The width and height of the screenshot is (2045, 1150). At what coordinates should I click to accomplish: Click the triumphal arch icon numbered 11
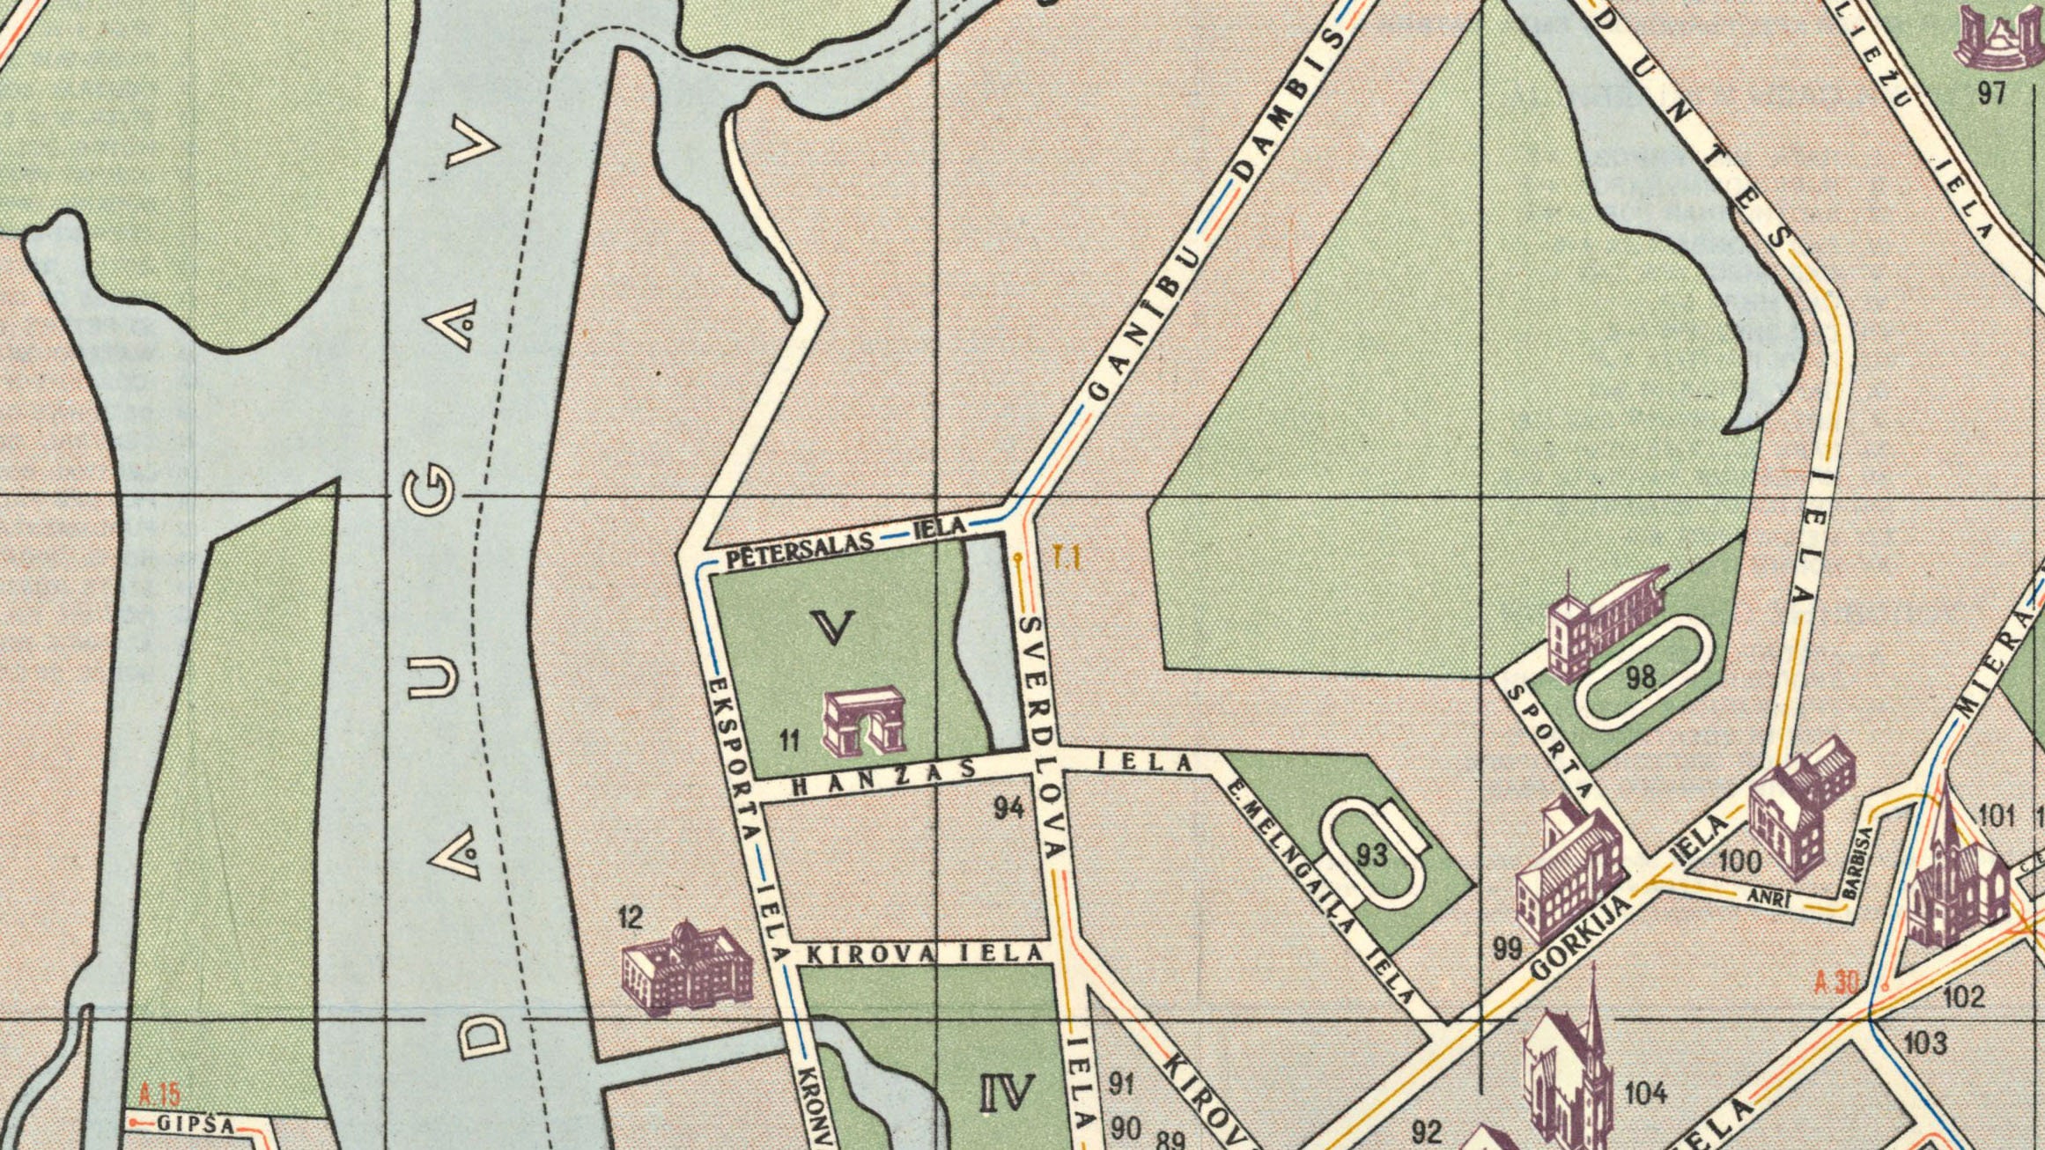pyautogui.click(x=864, y=723)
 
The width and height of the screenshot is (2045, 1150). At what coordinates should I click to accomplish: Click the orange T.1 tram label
pyautogui.click(x=1067, y=557)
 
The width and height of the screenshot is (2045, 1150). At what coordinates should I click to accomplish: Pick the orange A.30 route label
pyautogui.click(x=1835, y=982)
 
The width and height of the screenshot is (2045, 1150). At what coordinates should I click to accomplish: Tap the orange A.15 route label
pyautogui.click(x=159, y=1095)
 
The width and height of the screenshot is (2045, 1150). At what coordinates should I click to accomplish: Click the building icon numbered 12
pyautogui.click(x=687, y=966)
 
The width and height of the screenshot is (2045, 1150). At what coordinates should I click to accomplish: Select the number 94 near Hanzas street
pyautogui.click(x=1008, y=807)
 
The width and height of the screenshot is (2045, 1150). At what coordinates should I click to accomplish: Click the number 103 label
pyautogui.click(x=1925, y=1043)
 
